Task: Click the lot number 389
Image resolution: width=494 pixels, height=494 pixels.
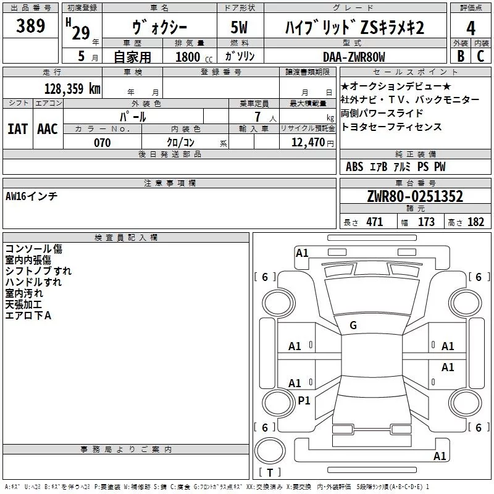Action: (x=30, y=25)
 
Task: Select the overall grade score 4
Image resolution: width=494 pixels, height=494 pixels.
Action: (x=471, y=28)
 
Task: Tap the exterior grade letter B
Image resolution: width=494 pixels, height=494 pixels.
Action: (x=461, y=56)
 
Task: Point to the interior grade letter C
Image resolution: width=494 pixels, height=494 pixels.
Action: (x=480, y=56)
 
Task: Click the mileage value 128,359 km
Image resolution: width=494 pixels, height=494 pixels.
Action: (x=72, y=88)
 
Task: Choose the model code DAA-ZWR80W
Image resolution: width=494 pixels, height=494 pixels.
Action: (x=354, y=57)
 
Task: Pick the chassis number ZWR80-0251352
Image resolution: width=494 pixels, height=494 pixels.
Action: (x=415, y=196)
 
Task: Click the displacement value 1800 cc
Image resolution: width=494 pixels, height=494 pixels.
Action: (x=194, y=57)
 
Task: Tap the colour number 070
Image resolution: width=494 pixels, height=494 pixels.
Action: (x=102, y=143)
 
